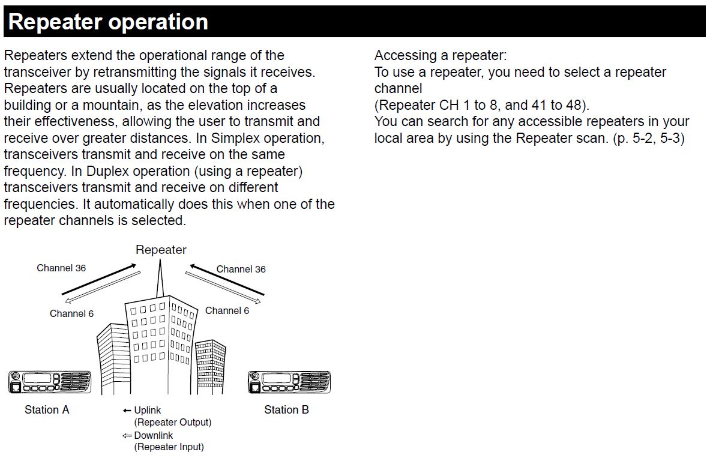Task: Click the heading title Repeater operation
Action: click(108, 22)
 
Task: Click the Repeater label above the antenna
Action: click(161, 250)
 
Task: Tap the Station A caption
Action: click(47, 410)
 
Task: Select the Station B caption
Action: click(286, 410)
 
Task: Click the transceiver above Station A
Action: click(50, 382)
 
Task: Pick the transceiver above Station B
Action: click(289, 382)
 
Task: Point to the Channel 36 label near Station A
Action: click(61, 268)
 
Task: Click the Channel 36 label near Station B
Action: click(241, 269)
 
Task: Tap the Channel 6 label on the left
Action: click(71, 313)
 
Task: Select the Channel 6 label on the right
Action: click(227, 310)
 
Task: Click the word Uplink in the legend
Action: click(148, 411)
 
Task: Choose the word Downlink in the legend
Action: click(154, 435)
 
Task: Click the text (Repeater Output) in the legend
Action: click(173, 423)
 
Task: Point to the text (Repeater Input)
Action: click(169, 447)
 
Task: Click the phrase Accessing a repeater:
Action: click(441, 56)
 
